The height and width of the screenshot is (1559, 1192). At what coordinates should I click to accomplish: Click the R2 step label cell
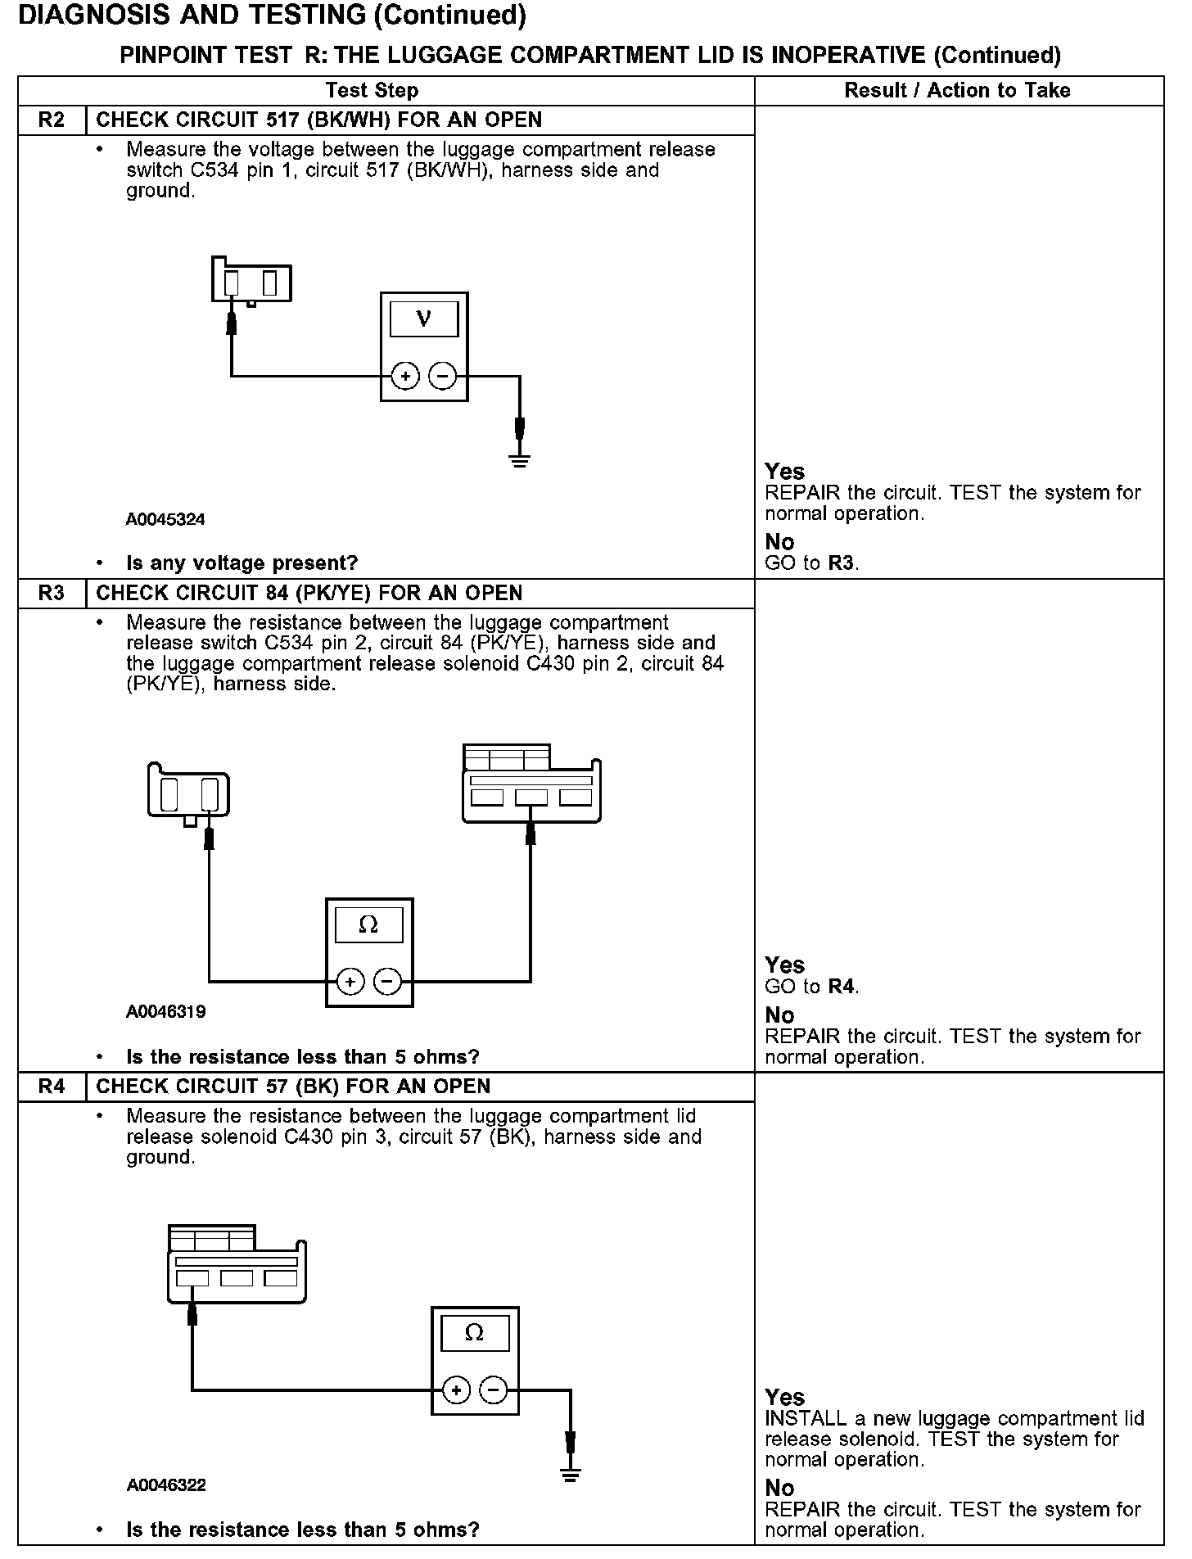(x=52, y=120)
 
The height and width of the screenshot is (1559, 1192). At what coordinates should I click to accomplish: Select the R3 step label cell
(x=52, y=593)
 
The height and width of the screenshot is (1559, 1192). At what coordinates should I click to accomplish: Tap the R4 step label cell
(x=52, y=1087)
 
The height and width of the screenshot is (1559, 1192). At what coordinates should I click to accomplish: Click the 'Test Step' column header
(x=372, y=90)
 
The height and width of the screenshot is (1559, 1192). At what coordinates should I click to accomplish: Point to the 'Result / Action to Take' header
(x=957, y=90)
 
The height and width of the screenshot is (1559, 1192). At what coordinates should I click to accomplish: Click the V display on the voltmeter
(x=423, y=318)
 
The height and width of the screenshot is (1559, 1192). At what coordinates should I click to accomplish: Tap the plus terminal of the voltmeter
(x=405, y=377)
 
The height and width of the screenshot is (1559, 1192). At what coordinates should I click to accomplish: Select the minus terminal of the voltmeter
(x=442, y=377)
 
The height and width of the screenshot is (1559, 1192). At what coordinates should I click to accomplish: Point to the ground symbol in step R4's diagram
(x=571, y=1475)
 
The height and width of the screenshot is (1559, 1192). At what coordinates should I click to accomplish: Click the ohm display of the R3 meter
(x=368, y=925)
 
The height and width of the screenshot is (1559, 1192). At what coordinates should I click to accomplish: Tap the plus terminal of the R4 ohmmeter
(x=456, y=1390)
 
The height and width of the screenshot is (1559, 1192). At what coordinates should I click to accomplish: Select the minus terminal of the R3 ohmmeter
(x=388, y=981)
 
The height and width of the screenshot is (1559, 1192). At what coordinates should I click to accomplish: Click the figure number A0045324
(x=165, y=519)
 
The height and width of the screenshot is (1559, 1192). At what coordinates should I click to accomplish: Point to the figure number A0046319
(x=165, y=1012)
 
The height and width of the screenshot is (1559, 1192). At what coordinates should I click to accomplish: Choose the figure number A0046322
(x=166, y=1485)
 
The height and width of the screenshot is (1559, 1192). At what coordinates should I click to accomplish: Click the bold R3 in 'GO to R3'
(x=841, y=563)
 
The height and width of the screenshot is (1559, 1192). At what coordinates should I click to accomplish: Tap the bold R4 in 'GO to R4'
(x=841, y=987)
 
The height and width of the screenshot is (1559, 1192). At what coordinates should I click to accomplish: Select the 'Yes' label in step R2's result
(x=784, y=472)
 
